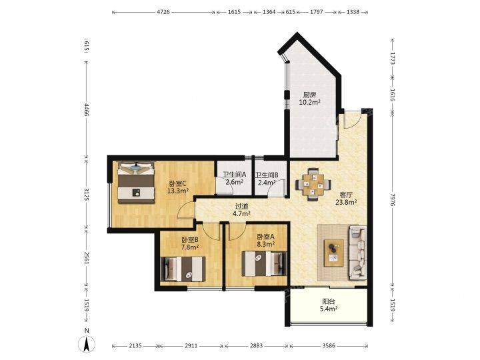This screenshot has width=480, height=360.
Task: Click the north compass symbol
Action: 87,343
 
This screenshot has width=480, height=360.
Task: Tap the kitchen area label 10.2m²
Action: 309,102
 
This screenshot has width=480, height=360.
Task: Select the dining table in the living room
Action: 313,184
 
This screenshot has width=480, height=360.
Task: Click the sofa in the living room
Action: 357,253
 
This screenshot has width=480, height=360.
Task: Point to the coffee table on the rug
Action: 334,251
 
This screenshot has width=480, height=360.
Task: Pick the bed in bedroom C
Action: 136,182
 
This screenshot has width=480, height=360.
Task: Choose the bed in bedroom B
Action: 183,269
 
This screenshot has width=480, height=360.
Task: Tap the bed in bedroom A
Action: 264,263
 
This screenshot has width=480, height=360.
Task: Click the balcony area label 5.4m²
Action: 329,309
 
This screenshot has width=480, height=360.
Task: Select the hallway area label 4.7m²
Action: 242,213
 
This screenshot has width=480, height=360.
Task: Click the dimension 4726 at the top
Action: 163,12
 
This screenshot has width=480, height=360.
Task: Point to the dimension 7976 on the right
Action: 393,199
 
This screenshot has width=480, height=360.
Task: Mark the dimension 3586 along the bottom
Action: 329,345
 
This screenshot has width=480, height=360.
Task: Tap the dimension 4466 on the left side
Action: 87,110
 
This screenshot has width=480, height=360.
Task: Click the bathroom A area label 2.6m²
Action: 234,182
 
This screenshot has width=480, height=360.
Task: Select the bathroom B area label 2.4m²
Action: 267,183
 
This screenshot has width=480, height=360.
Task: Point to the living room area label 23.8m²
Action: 346,202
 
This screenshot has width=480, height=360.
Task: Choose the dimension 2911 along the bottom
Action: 191,345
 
